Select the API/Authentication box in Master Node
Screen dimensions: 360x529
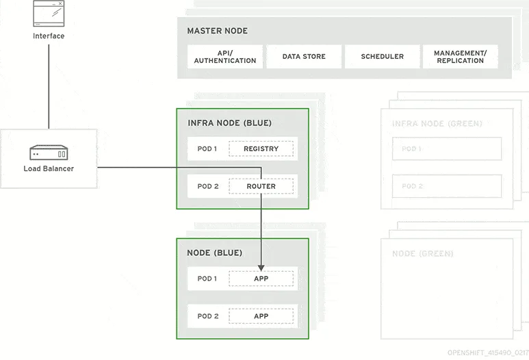[225, 57]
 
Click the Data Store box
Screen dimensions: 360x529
[304, 57]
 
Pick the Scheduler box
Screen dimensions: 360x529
[382, 57]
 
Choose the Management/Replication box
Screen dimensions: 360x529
[460, 57]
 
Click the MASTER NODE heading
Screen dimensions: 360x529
[218, 31]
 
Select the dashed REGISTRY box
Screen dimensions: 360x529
[261, 149]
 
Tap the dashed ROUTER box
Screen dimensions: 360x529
[261, 186]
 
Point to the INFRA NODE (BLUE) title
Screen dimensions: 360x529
[229, 123]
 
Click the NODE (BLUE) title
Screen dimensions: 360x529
[215, 253]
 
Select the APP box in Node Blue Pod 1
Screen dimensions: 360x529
[261, 279]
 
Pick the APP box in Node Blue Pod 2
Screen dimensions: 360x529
[261, 316]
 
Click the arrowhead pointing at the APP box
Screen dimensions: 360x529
[261, 267]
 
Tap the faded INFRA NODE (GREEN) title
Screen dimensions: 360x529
[437, 124]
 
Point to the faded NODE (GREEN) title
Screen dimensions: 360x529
[422, 254]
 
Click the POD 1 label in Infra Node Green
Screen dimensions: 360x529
[412, 149]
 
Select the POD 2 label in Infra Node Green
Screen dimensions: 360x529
[412, 186]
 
